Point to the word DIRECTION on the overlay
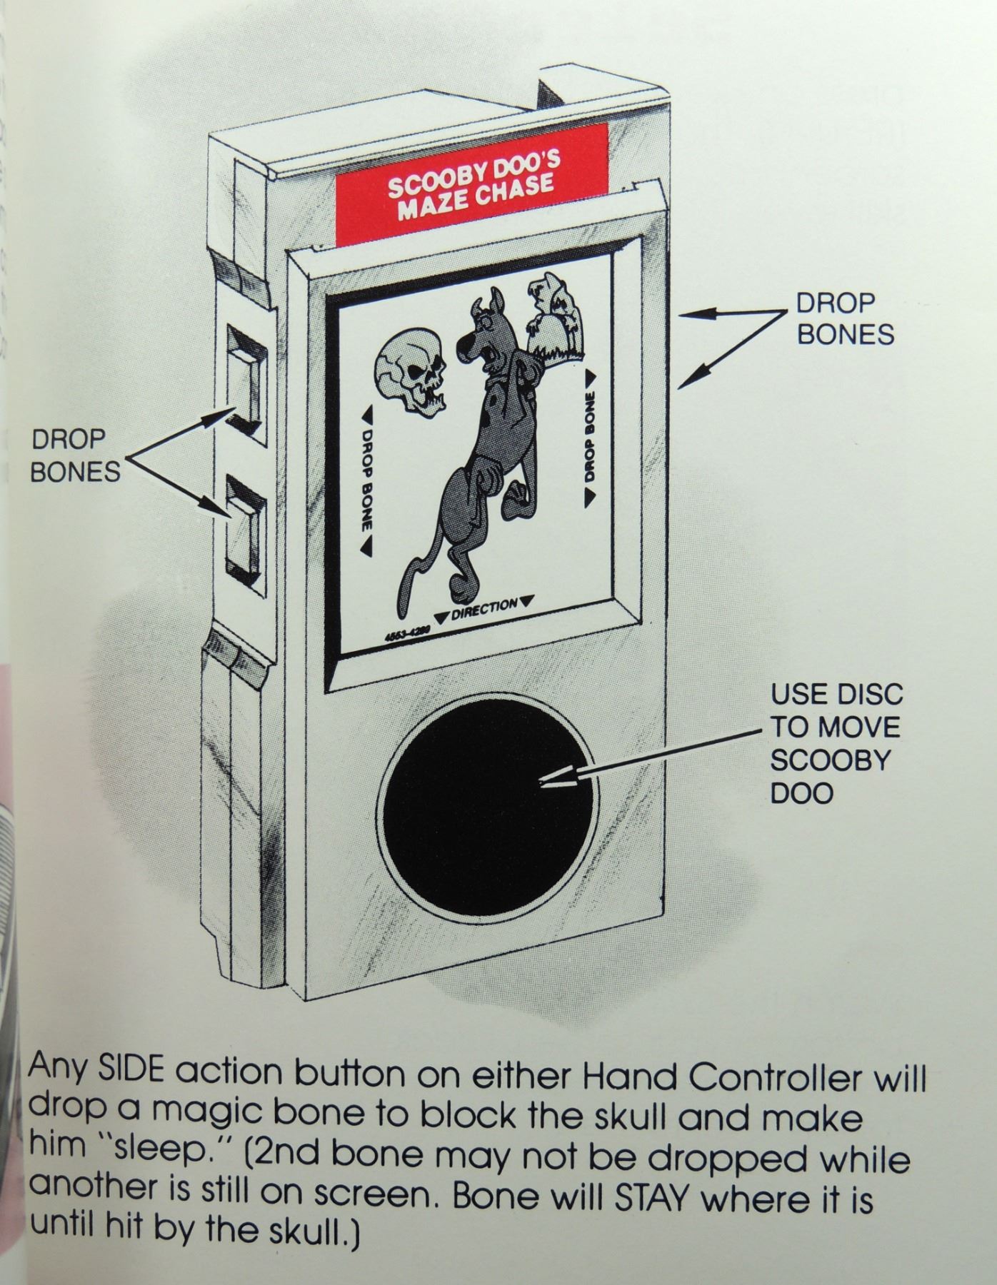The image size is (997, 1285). [x=485, y=606]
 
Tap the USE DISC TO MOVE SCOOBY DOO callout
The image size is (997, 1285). [x=835, y=743]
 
